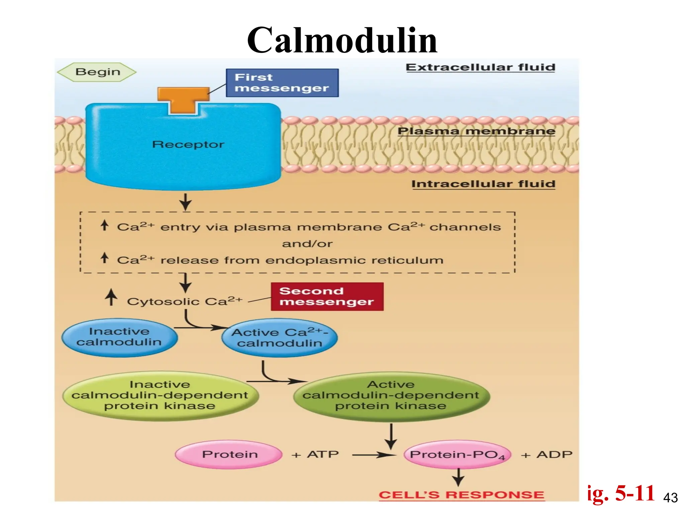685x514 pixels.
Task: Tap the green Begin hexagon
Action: [x=97, y=72]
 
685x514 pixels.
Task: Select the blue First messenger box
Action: [x=282, y=83]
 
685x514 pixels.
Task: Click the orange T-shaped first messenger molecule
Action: [x=183, y=99]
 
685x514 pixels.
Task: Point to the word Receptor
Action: [x=188, y=145]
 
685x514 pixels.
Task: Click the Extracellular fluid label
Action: [x=480, y=67]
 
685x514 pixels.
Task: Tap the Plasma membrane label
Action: [x=476, y=131]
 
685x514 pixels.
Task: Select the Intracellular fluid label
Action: [x=483, y=184]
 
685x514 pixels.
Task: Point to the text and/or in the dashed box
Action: [x=307, y=244]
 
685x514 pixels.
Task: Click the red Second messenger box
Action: [x=327, y=296]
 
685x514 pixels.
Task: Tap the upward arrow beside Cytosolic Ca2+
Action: [x=111, y=297]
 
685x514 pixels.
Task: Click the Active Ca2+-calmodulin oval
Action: [x=280, y=338]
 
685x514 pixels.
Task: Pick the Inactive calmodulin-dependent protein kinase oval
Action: [x=160, y=395]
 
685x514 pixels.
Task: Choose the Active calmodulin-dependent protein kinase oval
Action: [x=391, y=395]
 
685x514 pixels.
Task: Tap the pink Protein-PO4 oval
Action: [x=457, y=454]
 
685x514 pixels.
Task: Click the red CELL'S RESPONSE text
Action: [x=461, y=495]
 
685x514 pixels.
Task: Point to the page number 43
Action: [x=670, y=498]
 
